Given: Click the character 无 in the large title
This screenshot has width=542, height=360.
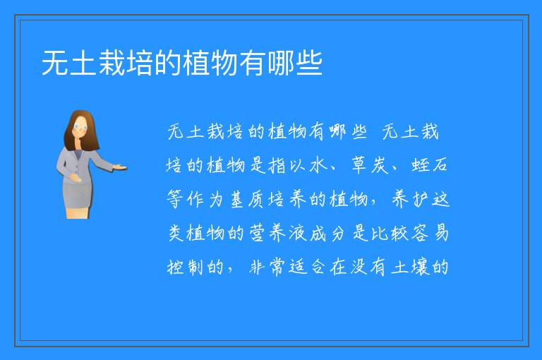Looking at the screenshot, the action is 55,63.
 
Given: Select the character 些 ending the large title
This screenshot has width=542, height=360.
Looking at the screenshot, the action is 309,63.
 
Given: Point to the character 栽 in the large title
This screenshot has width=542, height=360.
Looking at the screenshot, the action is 112,63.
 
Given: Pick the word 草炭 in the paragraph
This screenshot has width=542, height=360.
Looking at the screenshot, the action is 371,165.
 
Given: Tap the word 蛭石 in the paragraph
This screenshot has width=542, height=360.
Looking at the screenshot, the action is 430,165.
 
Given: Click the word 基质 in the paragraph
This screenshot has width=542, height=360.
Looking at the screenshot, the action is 248,199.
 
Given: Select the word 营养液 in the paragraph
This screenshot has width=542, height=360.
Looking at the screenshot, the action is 278,233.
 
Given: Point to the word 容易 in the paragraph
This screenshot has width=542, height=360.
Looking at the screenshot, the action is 430,233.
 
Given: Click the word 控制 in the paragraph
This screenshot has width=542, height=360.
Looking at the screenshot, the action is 185,267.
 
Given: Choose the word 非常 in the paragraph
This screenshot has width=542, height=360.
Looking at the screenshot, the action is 267,267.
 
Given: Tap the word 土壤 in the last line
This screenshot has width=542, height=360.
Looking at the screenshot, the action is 410,267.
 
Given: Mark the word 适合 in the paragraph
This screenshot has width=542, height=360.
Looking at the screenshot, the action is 308,267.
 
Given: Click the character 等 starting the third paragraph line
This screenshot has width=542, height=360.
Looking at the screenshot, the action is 175,199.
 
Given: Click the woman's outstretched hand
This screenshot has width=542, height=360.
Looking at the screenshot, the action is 120,168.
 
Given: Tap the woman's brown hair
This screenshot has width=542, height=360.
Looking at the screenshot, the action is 82,131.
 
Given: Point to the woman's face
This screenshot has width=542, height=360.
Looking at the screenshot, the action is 80,126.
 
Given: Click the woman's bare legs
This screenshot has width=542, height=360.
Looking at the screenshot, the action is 77,212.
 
